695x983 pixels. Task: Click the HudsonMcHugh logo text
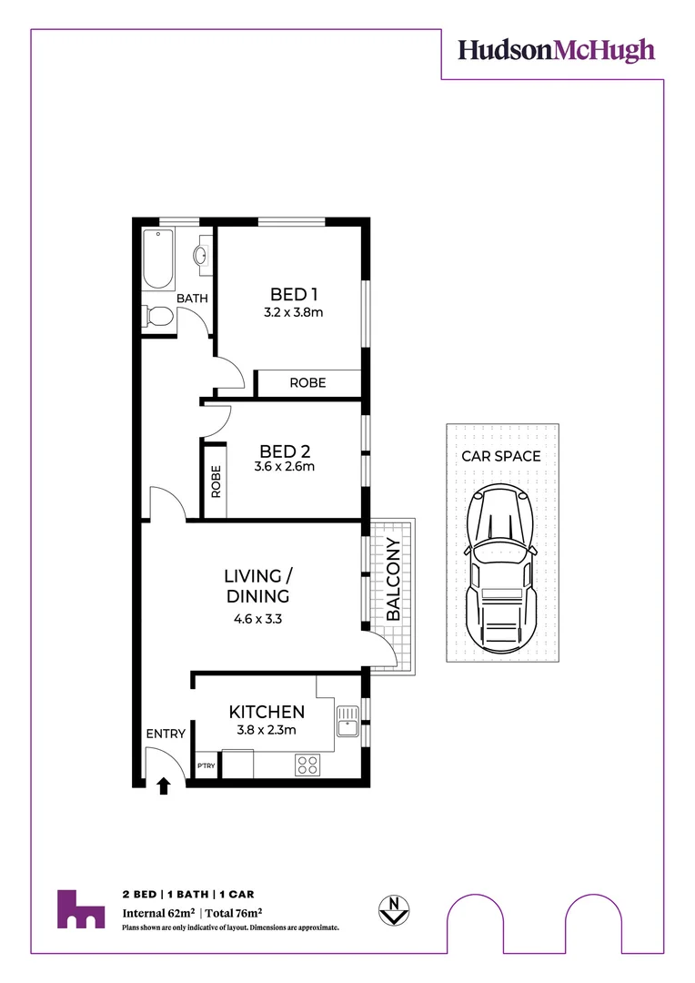(x=556, y=50)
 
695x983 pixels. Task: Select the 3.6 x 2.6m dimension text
(x=285, y=468)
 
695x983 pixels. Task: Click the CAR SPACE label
(x=501, y=456)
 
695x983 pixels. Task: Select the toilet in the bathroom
(x=157, y=317)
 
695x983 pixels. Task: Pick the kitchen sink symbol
(x=347, y=721)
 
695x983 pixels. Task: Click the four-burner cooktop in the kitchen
(x=307, y=765)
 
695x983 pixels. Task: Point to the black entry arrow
(x=164, y=785)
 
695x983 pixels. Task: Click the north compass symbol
(x=393, y=908)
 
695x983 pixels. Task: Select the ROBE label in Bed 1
(x=307, y=383)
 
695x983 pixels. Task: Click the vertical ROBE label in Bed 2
(x=216, y=481)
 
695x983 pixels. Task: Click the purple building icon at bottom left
(x=81, y=909)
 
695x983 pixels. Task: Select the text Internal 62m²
(x=160, y=912)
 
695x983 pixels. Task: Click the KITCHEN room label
(x=267, y=712)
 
